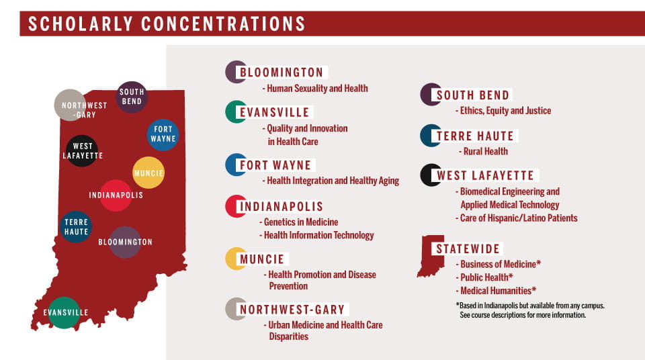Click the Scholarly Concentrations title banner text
coord(167,24)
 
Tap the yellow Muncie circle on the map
coord(148,173)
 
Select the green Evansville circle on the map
coord(64,312)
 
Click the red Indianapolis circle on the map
coord(116,195)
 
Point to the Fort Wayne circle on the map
coord(163,134)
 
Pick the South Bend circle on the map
coord(132,97)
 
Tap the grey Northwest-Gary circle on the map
coord(71,105)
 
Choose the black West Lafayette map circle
coord(83,150)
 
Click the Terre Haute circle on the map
coord(76,226)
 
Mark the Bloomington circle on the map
coord(125,242)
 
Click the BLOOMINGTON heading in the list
coord(282,73)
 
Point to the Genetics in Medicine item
coord(300,222)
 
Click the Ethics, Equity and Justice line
coord(504,110)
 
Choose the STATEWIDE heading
coord(468,249)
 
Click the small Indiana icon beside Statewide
coord(430,256)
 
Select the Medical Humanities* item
coord(498,291)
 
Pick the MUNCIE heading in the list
coord(262,259)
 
